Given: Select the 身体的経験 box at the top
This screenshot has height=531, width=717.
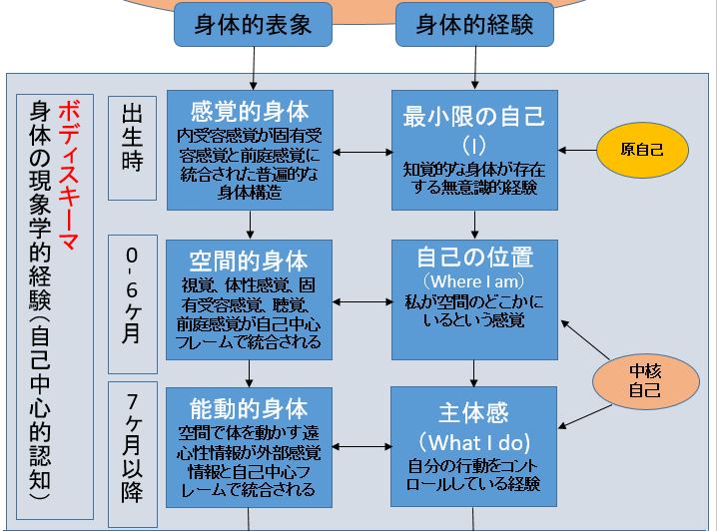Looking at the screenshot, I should pyautogui.click(x=473, y=25).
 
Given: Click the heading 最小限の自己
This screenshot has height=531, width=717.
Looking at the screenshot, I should pyautogui.click(x=473, y=117).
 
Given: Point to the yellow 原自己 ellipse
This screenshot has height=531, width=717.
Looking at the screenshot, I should pyautogui.click(x=642, y=151).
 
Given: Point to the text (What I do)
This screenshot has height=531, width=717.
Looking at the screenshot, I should pyautogui.click(x=473, y=440).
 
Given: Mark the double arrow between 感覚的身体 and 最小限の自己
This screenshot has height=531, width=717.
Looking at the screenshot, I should pyautogui.click(x=363, y=152).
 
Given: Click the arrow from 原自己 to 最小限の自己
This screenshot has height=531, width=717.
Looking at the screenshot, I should pyautogui.click(x=576, y=151).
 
